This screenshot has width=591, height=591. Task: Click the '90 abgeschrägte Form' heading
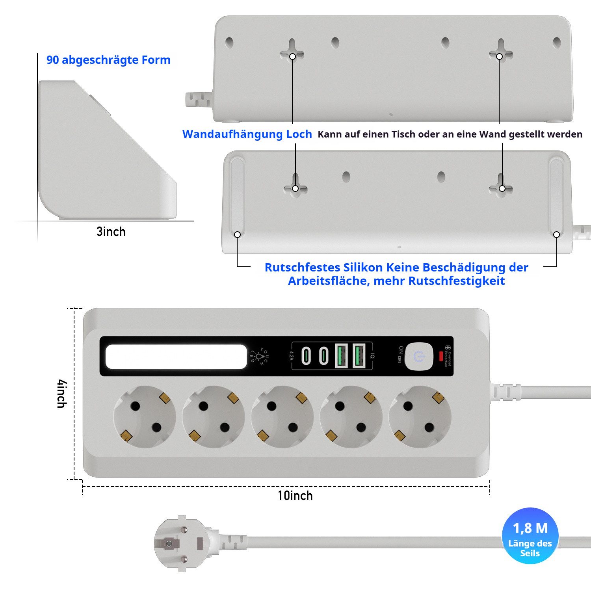coord(108,60)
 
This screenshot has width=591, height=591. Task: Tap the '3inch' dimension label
coord(111,232)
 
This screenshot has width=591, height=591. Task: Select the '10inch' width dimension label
coord(295,496)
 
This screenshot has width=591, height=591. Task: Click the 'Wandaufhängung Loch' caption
coord(247,134)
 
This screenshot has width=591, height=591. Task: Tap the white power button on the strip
coord(419,357)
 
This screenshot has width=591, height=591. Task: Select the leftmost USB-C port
coord(306,356)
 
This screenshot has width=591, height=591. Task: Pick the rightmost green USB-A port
coord(359,356)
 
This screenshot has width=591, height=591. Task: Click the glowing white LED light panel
coord(176,357)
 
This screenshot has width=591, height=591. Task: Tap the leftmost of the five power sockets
coord(145,417)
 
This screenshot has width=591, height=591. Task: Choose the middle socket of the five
coord(282,417)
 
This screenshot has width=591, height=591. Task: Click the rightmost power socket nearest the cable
coord(420,417)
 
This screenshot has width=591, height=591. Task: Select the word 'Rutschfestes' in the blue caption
coord(302,268)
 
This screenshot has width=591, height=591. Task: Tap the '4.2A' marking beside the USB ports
coord(292,356)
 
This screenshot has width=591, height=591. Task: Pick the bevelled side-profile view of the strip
coord(106,150)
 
